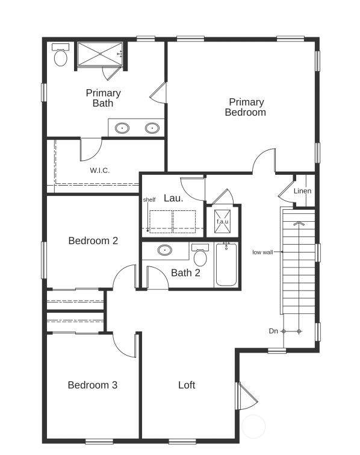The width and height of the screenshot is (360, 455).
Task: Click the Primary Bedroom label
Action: [x=246, y=107]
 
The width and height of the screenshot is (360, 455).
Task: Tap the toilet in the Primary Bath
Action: [x=61, y=55]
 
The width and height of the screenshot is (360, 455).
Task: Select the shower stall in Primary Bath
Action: [x=100, y=54]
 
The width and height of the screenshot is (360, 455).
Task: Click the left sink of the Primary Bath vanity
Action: [x=122, y=128]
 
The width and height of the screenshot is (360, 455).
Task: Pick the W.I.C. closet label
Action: [x=100, y=171]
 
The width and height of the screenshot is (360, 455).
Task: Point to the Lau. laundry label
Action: [x=173, y=198]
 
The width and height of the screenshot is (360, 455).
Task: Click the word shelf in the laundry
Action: [x=149, y=199]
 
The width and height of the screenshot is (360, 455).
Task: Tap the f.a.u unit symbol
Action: [x=223, y=221]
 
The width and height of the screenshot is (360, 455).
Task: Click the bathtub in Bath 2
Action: [x=226, y=265]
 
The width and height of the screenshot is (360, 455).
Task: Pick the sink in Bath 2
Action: [x=164, y=250]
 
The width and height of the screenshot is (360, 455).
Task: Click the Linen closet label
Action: [x=302, y=191]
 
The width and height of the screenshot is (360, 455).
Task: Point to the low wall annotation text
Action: [x=262, y=252]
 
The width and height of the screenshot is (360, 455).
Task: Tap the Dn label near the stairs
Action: [x=273, y=331]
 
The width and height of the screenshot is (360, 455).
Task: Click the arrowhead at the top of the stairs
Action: [x=299, y=224]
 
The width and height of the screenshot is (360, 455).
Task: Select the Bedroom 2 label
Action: [x=93, y=240]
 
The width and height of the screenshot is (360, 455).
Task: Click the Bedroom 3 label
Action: [x=93, y=385]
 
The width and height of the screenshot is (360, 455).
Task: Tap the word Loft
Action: [x=187, y=385]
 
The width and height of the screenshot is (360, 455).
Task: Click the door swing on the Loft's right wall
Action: [x=247, y=396]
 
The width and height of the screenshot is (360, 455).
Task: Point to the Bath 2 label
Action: [x=185, y=273]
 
